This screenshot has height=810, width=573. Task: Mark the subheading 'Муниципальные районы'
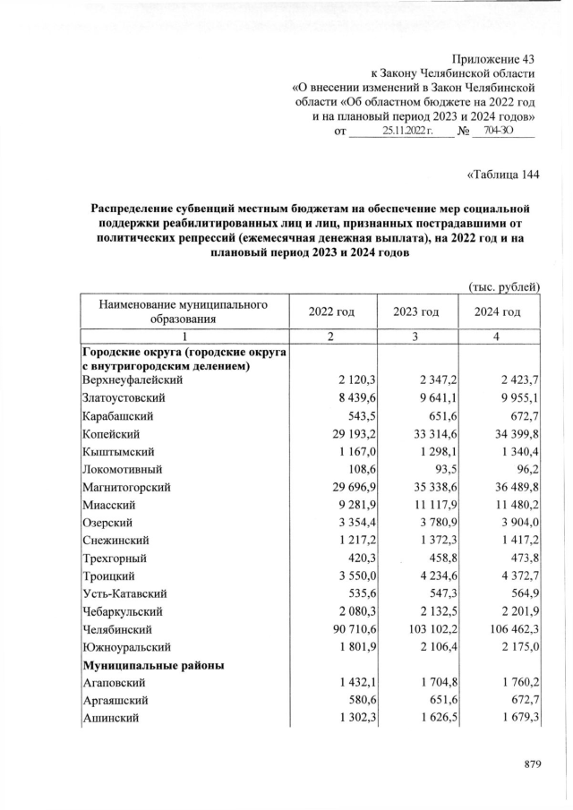tap(153, 666)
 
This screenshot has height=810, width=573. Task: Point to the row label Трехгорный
tap(114, 558)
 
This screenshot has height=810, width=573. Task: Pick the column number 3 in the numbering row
tap(415, 336)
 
